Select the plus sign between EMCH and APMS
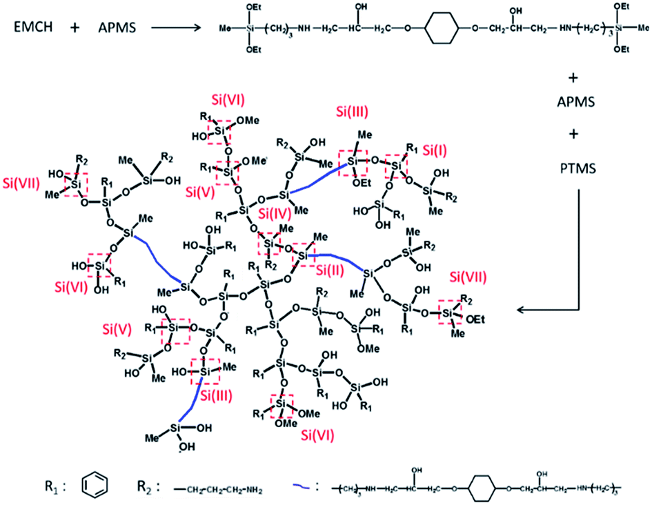pos(72,29)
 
